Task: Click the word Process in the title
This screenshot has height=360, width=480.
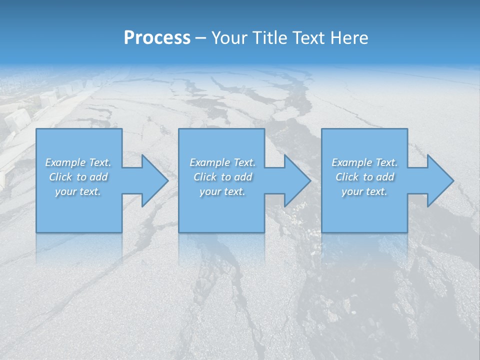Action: pyautogui.click(x=157, y=38)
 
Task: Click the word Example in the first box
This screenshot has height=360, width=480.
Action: pyautogui.click(x=65, y=162)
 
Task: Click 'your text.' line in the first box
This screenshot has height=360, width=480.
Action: pyautogui.click(x=77, y=191)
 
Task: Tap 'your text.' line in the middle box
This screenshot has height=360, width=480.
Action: pyautogui.click(x=222, y=191)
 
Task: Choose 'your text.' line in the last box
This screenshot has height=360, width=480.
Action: pyautogui.click(x=364, y=191)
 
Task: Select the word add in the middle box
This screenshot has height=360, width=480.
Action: pyautogui.click(x=243, y=177)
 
